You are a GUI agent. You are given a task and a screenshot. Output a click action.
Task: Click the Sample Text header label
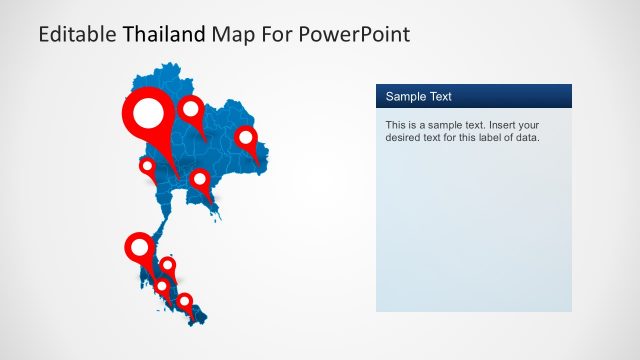(419, 97)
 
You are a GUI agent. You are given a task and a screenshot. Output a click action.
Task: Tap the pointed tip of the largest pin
(177, 181)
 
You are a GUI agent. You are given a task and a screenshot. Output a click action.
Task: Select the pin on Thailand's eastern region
(245, 137)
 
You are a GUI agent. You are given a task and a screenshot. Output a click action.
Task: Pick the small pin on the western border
(147, 165)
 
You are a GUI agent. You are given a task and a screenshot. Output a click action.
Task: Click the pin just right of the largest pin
(190, 109)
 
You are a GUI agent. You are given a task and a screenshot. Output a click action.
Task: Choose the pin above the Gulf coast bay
(200, 180)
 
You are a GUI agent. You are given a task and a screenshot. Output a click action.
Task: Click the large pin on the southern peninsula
(139, 246)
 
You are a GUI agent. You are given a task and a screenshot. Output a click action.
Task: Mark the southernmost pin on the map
(184, 300)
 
